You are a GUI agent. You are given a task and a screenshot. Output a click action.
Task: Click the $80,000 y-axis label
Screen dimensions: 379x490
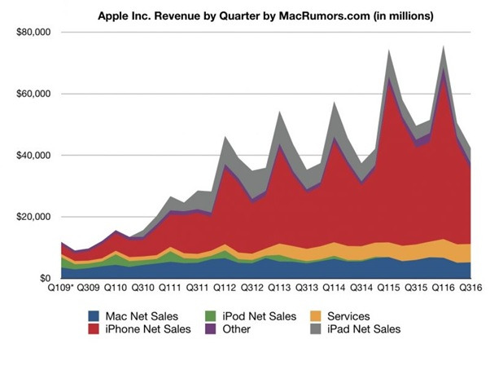pos(33,32)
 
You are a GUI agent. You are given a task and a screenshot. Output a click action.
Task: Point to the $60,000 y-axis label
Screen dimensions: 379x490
pos(33,94)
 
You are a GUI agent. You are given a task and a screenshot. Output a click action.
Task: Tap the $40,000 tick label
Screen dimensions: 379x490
pos(33,155)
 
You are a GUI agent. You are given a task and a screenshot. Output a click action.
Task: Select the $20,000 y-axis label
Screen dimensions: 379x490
pos(33,217)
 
